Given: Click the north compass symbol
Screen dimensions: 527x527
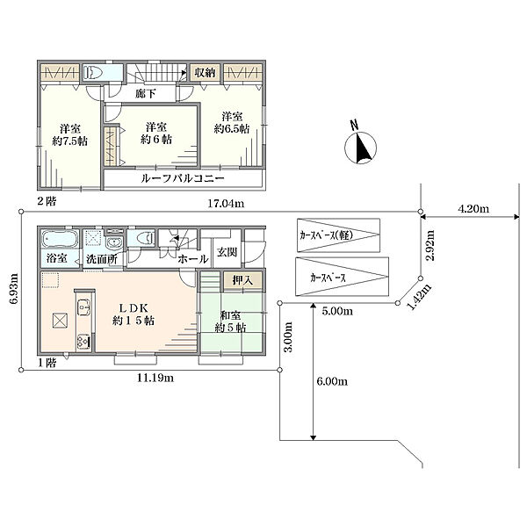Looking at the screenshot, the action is (360, 145).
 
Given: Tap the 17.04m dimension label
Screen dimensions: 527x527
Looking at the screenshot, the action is (226, 204).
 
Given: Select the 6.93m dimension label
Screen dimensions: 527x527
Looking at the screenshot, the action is (14, 290).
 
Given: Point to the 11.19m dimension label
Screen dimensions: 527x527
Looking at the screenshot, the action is (155, 378).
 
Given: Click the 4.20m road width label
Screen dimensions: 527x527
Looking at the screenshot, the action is (473, 209).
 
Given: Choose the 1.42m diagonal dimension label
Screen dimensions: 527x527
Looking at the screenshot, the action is (419, 297).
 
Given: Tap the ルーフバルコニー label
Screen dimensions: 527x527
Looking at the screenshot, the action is (183, 178).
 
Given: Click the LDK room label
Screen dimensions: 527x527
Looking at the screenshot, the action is (134, 314).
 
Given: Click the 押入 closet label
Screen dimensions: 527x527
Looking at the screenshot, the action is (242, 281).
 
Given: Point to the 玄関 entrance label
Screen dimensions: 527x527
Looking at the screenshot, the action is (227, 252).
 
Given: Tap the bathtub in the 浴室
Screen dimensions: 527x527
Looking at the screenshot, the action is (59, 239).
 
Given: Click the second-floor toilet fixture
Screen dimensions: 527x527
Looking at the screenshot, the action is (93, 72).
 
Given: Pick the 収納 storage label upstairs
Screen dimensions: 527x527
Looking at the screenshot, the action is (205, 72).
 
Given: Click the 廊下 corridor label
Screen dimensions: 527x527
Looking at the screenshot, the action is (145, 93).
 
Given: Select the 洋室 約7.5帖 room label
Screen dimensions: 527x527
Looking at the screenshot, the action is (70, 134).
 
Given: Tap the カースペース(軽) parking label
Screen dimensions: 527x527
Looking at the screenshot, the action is (327, 235).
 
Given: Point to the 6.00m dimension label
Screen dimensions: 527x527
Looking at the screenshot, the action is (332, 381).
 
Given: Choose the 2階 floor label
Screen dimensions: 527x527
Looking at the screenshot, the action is (47, 201).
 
